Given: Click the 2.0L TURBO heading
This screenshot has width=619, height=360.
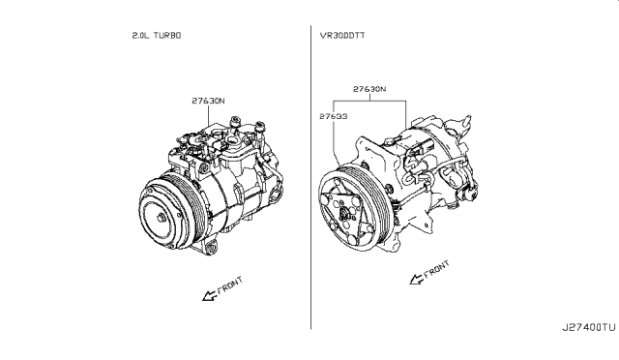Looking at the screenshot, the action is pos(157,36).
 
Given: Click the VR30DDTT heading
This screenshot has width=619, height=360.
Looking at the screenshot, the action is pos(342,36).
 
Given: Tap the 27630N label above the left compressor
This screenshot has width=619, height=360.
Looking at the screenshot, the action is pos(209,101).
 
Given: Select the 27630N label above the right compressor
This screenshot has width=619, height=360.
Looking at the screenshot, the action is pos(369,89).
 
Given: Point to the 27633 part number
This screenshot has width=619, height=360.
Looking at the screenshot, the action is pos(334,116).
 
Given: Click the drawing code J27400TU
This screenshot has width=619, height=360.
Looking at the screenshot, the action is pos(589,328).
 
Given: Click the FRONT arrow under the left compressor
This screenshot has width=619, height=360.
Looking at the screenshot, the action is pos(209,295).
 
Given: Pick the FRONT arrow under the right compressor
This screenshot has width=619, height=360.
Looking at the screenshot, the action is pos(417,280).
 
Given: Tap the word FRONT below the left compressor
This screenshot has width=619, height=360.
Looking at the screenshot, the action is pos(230,285).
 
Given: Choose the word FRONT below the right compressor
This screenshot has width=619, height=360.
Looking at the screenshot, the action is pos(436,268).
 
